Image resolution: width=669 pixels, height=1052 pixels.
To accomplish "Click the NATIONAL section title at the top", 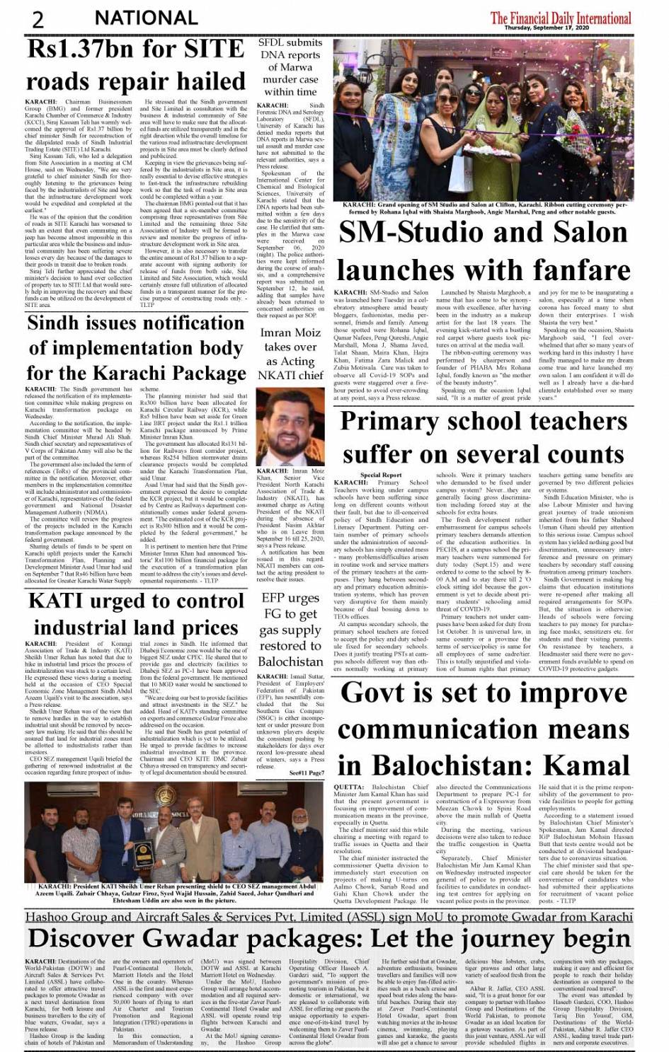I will [x=146, y=17].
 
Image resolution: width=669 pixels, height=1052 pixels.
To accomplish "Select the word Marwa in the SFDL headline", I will [x=291, y=68].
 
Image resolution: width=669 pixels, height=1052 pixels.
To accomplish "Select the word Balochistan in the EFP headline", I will [x=290, y=661].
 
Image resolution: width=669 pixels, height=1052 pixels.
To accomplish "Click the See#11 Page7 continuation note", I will [x=307, y=773].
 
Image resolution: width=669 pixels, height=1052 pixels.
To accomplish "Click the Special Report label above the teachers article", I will [x=381, y=475].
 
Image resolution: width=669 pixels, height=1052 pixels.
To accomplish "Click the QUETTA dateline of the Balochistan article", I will [x=348, y=787].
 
